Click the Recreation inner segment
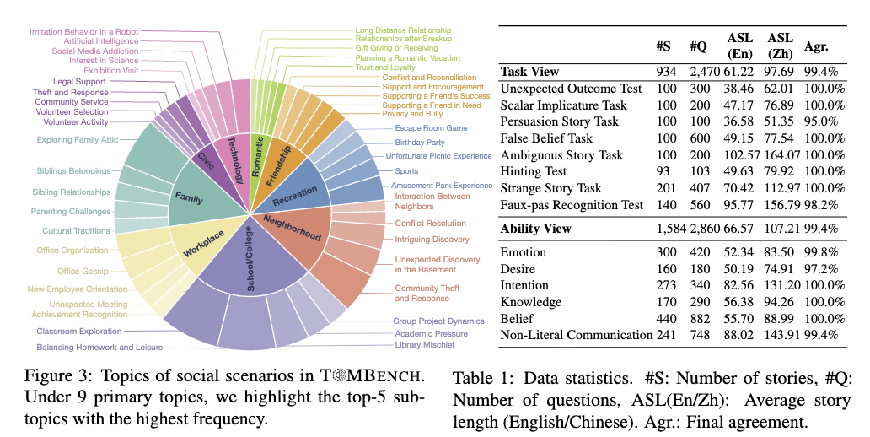(x=295, y=191)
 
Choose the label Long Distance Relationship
(x=403, y=30)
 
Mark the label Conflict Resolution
(x=430, y=224)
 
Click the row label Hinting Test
(x=534, y=172)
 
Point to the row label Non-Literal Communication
(x=577, y=335)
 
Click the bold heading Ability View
(x=536, y=228)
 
